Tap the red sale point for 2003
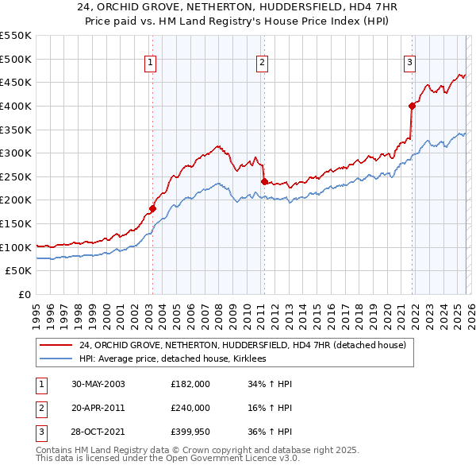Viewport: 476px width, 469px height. (152, 209)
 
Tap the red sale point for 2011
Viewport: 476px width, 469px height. (264, 181)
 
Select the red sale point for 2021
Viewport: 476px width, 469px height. (412, 106)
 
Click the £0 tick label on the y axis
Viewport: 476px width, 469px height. (25, 294)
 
